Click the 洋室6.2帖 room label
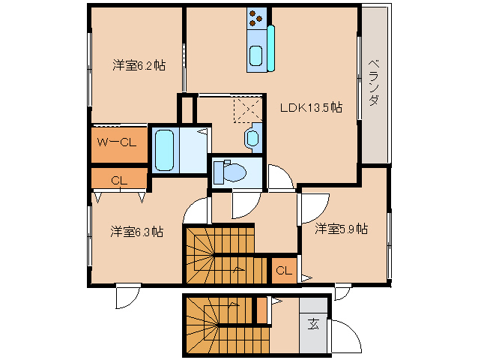[139, 65]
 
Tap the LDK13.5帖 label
[311, 107]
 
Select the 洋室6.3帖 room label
[137, 232]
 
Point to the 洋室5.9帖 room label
[342, 229]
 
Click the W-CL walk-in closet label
[117, 142]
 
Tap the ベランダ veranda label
[374, 82]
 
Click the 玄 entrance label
[313, 324]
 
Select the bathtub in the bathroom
[164, 150]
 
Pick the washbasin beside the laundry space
[252, 137]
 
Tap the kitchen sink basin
[255, 55]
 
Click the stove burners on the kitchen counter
[256, 18]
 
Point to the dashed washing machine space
[247, 109]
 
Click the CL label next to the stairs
[284, 270]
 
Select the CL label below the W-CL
[119, 181]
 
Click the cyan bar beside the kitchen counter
[271, 49]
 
